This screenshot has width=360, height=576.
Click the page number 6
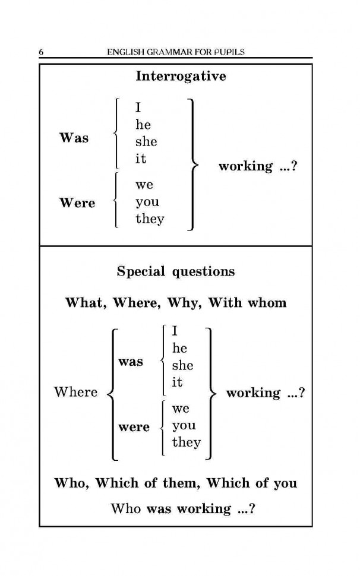pos(41,52)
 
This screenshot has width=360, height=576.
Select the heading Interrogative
pos(181,77)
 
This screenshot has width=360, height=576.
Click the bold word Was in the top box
pos(74,138)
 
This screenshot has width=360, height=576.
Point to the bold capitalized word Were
pos(77,202)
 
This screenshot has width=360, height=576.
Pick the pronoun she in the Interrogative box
pos(146,142)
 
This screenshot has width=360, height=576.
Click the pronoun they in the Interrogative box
pos(150,219)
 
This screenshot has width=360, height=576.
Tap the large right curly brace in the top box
pos(194,164)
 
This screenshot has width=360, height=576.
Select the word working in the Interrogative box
pos(246,167)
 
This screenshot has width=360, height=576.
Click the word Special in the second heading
pos(141,272)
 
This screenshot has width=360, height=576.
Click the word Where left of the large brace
pos(75,391)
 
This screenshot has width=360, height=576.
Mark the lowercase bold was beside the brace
pos(131,362)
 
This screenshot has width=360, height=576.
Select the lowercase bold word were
pos(134,427)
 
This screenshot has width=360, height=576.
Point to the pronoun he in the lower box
pos(179,348)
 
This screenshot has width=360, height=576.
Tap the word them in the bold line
pos(181,483)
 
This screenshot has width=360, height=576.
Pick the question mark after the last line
pos(252,509)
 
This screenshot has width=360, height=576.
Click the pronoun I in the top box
pos(138,107)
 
